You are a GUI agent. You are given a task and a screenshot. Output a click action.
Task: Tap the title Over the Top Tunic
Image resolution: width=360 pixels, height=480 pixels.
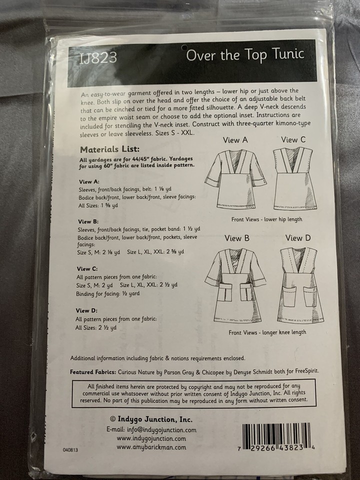(245, 54)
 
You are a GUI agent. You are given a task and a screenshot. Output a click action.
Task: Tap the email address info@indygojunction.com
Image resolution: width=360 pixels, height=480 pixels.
(151, 429)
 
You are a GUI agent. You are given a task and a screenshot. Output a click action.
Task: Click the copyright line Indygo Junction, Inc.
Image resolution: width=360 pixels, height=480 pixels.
(150, 419)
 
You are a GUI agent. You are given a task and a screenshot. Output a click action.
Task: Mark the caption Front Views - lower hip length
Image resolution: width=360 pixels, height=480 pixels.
(267, 219)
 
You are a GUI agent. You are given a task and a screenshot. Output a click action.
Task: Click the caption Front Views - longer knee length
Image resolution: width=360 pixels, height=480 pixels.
(267, 331)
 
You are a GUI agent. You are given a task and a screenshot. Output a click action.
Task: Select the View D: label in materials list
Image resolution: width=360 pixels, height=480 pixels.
(86, 310)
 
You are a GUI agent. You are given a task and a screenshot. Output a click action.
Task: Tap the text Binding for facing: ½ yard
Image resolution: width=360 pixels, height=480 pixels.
(107, 293)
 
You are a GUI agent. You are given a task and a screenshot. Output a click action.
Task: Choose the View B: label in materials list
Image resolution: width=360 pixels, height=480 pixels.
(88, 221)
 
